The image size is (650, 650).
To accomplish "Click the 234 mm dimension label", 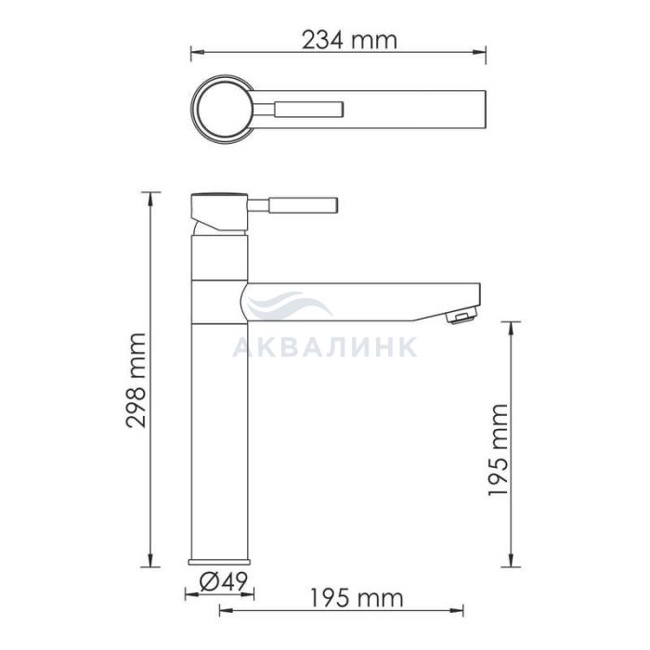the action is (x=349, y=41).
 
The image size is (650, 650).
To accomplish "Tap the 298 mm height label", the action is (x=136, y=380).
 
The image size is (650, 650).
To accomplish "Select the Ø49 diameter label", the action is (x=224, y=581).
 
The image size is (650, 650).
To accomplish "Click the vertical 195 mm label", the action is (x=498, y=449).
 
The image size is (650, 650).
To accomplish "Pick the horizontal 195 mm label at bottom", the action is (x=357, y=599).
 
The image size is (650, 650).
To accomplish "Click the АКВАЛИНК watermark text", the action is (x=325, y=347).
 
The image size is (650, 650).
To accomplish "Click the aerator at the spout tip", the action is (x=461, y=318).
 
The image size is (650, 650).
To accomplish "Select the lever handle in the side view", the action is (x=292, y=205).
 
